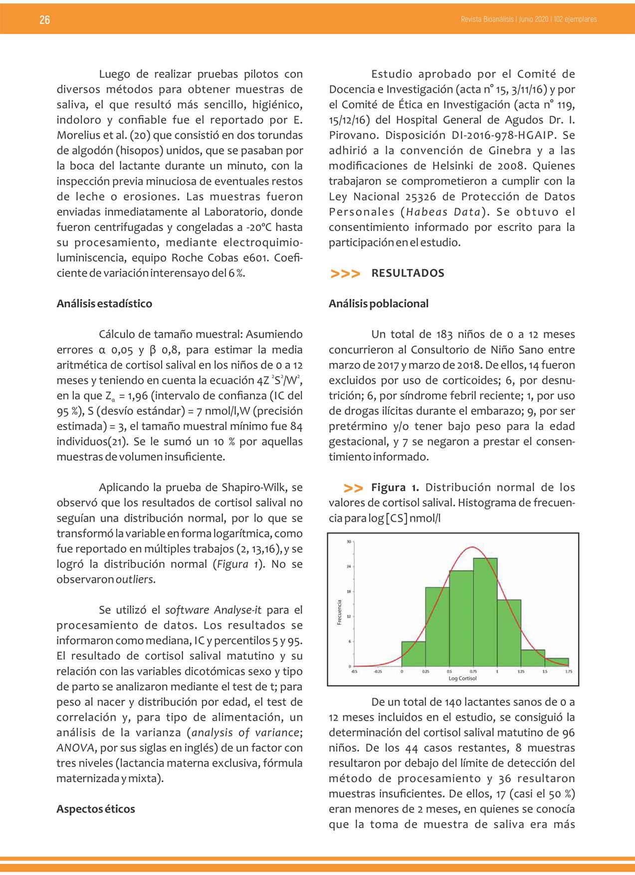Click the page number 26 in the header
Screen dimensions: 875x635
[x=45, y=20]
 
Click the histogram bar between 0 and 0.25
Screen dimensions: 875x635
[x=414, y=654]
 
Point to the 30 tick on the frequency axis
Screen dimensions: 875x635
[x=348, y=541]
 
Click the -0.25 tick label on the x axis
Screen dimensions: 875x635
[x=379, y=671]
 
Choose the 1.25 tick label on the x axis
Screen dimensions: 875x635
[x=521, y=671]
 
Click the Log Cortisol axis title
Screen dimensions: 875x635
[x=462, y=678]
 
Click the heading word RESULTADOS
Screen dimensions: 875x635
[x=408, y=273]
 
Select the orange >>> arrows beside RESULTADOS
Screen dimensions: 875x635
[x=345, y=274]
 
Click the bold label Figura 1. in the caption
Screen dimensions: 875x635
[x=395, y=488]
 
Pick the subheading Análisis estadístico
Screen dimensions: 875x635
[x=104, y=304]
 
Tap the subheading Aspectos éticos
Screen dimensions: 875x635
[x=96, y=809]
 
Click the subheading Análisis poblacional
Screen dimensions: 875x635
[x=379, y=304]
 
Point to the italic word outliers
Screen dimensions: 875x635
[x=135, y=580]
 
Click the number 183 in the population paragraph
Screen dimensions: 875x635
[x=444, y=335]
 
